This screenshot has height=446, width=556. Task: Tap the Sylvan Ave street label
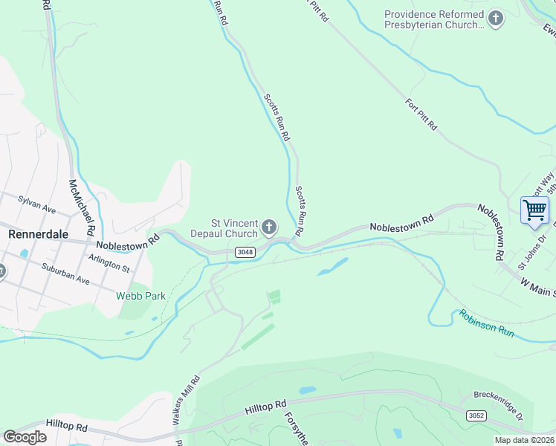(x=36, y=204)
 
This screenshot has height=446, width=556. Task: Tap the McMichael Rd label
(x=84, y=205)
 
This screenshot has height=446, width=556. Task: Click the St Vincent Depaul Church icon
(x=269, y=227)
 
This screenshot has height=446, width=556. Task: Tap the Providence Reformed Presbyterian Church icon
(x=496, y=17)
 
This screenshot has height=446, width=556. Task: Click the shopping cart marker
(x=534, y=210)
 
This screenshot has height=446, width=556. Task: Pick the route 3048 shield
(x=245, y=253)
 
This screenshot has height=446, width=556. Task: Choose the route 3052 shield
(x=477, y=415)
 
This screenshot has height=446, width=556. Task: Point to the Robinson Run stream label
(x=486, y=323)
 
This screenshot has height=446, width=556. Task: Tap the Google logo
(x=25, y=436)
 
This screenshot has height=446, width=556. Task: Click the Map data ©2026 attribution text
(x=524, y=440)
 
